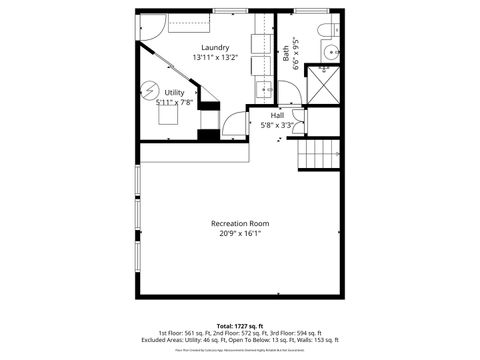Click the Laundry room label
tap(215, 48)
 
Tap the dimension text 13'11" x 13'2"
tap(215, 58)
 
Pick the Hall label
tap(277, 115)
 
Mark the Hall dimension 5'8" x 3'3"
tap(277, 126)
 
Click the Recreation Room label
tap(239, 223)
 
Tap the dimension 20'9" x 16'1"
tap(239, 234)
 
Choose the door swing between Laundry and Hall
tap(233, 124)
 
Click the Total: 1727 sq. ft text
tap(240, 326)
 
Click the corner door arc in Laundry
tap(149, 29)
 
